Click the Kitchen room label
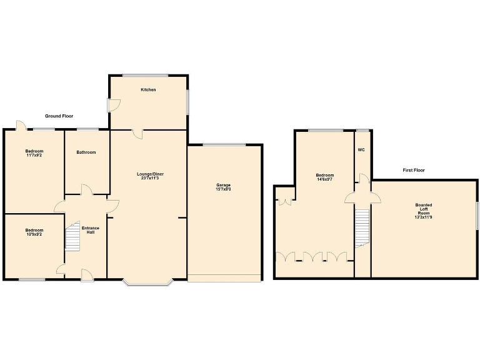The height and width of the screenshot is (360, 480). point(148,90)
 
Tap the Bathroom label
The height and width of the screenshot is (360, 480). point(86,152)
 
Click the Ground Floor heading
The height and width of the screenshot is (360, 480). point(59,116)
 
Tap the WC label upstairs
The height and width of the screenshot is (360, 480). point(361,150)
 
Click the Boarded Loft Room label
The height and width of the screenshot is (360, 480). point(423,211)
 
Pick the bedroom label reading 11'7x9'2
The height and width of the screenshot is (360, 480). point(34,152)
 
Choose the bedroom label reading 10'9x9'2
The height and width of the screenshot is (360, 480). point(34,232)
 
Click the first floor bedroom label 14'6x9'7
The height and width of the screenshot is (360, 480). point(324,177)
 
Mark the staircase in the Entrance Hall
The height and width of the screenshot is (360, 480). point(73,237)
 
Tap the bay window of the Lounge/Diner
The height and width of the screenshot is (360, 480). point(147,282)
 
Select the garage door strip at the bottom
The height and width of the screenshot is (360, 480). point(224,278)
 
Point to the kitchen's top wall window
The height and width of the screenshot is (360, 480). point(145,76)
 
